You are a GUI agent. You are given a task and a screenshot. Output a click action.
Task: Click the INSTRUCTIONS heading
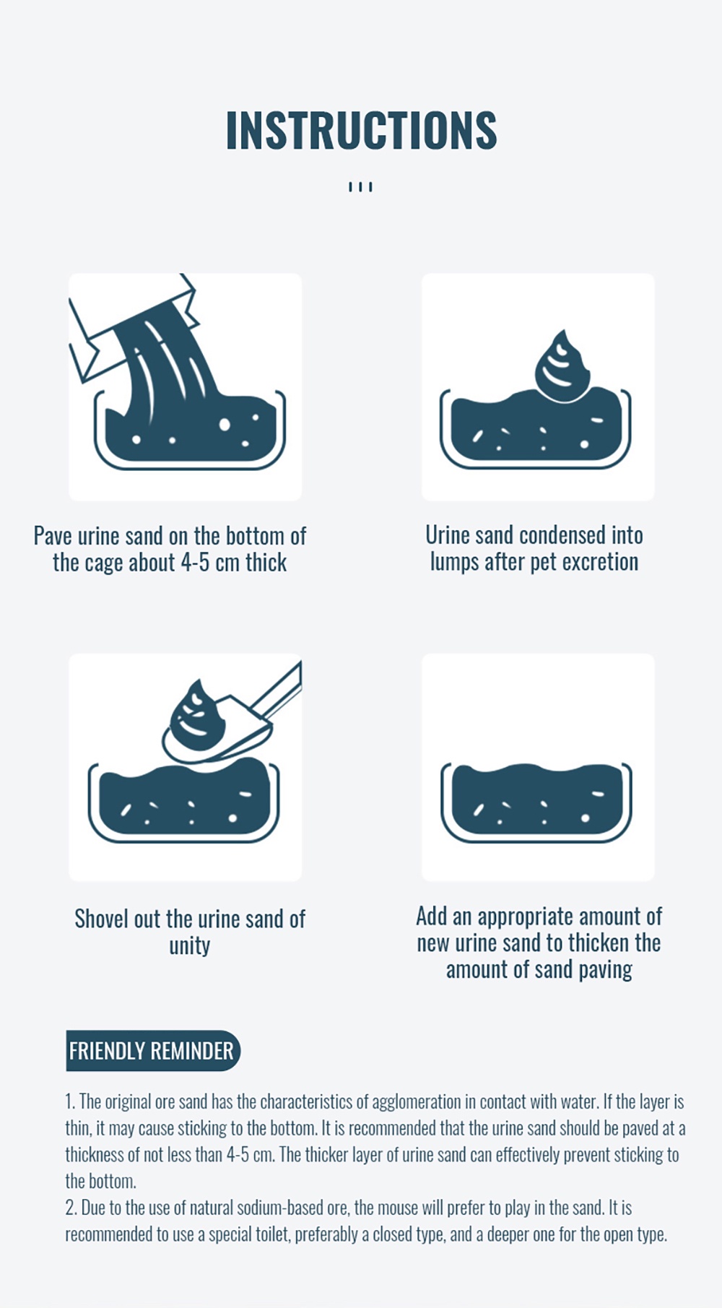(x=361, y=130)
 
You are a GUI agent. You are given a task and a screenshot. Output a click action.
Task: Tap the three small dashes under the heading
(x=360, y=187)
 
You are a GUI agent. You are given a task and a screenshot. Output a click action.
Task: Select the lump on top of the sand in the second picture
(x=562, y=365)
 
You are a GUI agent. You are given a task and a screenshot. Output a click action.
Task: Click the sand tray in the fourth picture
(x=536, y=802)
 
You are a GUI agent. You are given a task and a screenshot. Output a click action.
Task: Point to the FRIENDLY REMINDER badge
(x=152, y=1050)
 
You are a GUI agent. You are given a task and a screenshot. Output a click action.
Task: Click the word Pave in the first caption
(x=53, y=536)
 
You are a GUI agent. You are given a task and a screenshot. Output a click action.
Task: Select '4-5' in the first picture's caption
(x=196, y=563)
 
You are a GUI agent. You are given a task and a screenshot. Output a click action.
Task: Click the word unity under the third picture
(x=190, y=946)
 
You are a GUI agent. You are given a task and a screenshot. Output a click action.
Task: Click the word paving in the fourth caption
(x=605, y=970)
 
